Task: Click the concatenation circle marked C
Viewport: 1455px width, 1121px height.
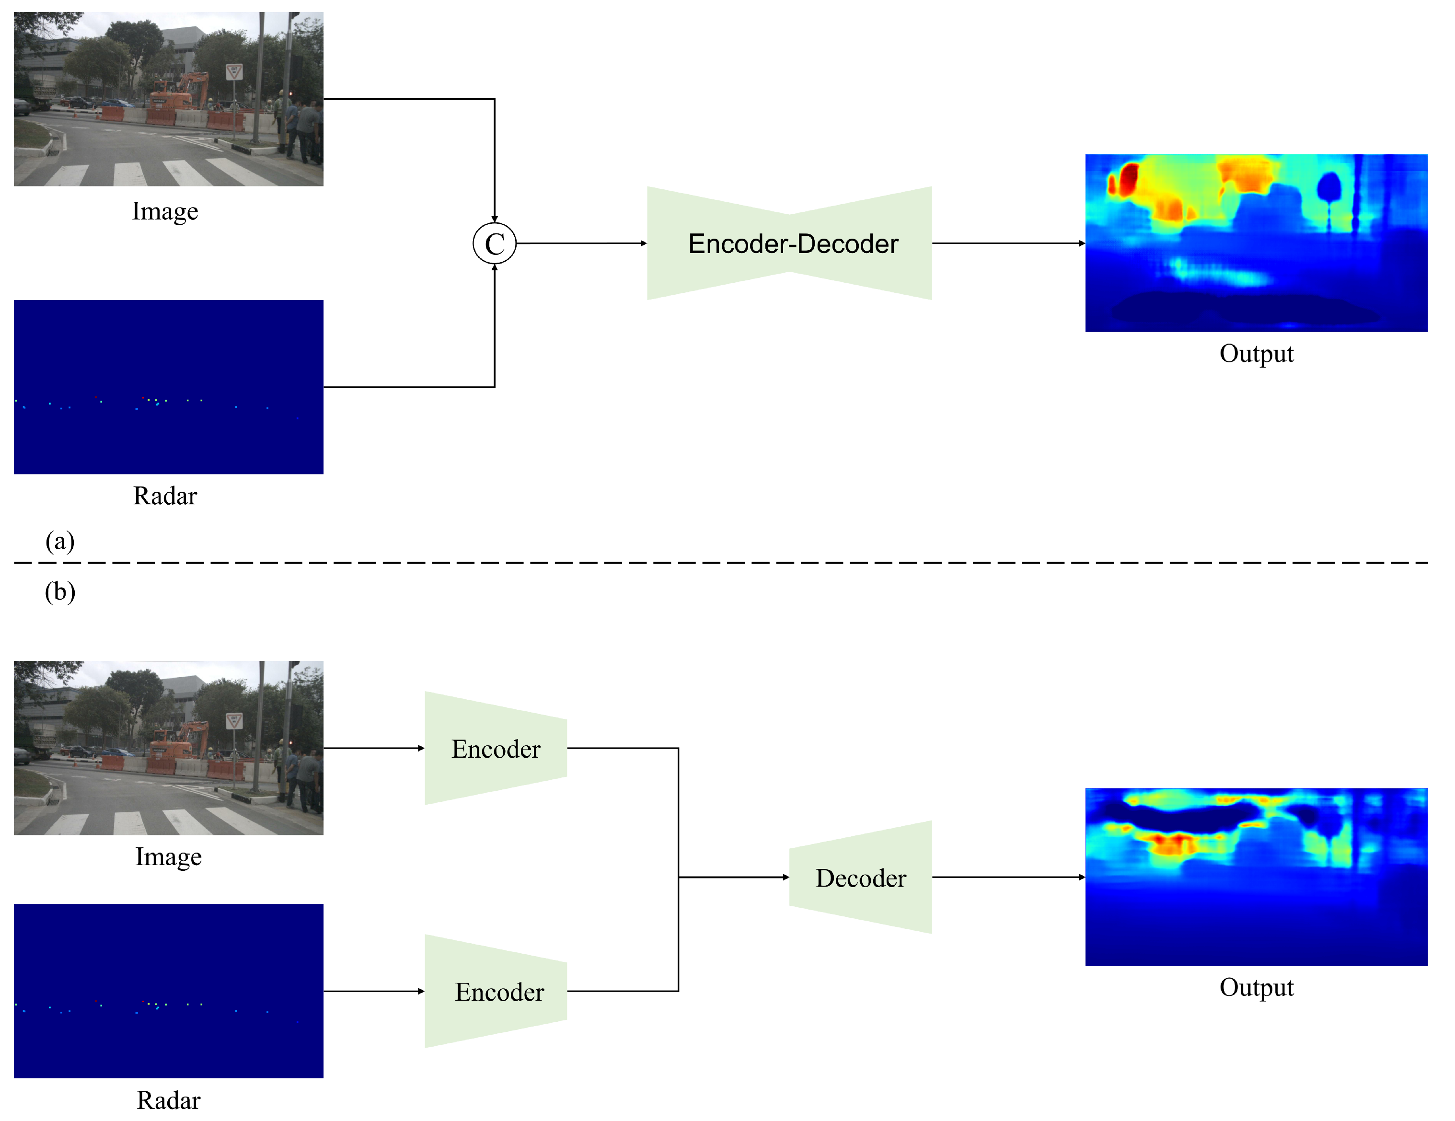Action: pyautogui.click(x=494, y=243)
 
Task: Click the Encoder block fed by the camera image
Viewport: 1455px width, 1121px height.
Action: pyautogui.click(x=496, y=748)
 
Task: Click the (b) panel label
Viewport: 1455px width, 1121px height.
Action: pyautogui.click(x=59, y=591)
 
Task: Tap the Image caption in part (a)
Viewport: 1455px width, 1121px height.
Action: pyautogui.click(x=164, y=211)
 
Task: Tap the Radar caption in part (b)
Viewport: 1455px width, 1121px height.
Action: pyautogui.click(x=168, y=1100)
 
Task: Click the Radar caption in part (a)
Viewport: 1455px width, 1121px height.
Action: pyautogui.click(x=164, y=496)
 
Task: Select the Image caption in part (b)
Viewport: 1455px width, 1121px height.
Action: pyautogui.click(x=168, y=856)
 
